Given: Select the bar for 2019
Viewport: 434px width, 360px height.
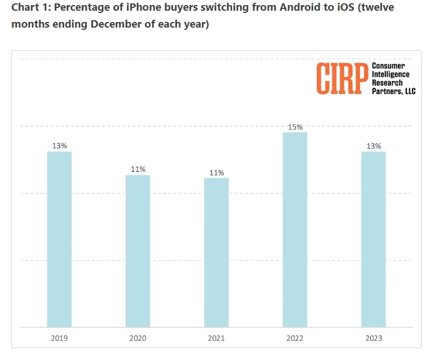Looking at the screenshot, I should tap(59, 239).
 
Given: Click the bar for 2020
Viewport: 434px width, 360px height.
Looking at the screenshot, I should tap(138, 251).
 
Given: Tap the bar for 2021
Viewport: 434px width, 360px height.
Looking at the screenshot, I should tap(216, 252).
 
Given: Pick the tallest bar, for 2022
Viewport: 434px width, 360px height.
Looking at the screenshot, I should tap(295, 230).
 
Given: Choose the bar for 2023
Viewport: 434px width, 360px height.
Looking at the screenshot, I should tap(373, 239).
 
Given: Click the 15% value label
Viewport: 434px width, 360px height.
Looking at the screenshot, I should tap(295, 127).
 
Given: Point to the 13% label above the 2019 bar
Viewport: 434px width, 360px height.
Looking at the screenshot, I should tap(59, 146).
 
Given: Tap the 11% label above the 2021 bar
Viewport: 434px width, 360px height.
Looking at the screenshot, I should tap(216, 172).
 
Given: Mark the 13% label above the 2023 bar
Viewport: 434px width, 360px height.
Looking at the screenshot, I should tap(373, 146).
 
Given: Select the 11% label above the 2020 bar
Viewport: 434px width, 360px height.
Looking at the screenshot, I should tap(138, 169).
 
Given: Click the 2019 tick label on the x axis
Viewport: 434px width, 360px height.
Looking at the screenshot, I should tap(59, 338).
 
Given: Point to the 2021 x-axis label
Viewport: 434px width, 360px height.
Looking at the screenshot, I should tap(216, 338).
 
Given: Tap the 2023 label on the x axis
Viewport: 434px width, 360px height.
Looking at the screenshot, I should tap(373, 338).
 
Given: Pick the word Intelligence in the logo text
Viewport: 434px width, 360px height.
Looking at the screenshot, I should tap(391, 74).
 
